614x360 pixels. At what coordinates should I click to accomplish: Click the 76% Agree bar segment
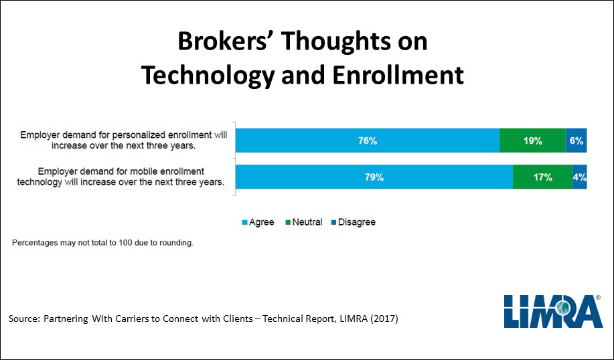pos(368,141)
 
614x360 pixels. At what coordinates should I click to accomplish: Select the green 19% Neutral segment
pos(532,141)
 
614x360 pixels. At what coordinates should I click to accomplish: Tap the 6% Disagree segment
pos(577,141)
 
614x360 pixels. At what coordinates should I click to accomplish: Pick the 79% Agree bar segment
pos(374,177)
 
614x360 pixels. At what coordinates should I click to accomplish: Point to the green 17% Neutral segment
pos(543,177)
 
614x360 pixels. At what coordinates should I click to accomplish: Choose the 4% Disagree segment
pos(580,177)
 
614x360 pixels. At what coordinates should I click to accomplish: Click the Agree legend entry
pos(258,222)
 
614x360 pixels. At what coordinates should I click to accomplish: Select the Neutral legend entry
pos(303,222)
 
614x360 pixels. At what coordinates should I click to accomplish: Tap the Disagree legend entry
pos(354,222)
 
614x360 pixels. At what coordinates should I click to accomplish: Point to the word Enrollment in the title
pos(398,75)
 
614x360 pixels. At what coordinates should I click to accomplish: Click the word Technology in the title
pos(208,76)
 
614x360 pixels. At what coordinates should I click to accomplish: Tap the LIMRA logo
pos(553,311)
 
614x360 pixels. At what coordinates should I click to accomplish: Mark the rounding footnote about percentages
pos(102,243)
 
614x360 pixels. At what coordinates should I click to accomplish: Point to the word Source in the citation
pos(24,319)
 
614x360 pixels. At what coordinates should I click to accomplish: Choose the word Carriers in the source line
pos(129,319)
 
